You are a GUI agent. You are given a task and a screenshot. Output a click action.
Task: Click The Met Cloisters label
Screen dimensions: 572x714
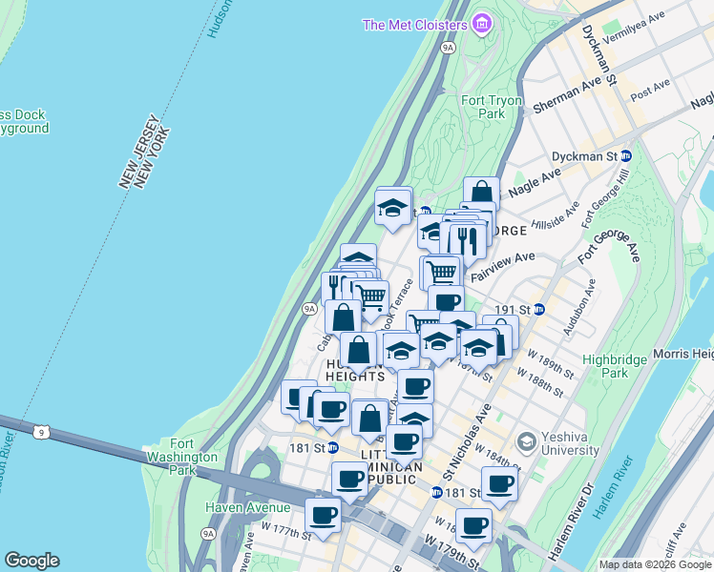(414, 24)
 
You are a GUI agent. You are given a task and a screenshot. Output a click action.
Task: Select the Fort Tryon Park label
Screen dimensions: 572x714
(492, 107)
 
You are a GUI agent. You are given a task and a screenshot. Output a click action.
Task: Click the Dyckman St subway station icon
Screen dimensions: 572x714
(626, 155)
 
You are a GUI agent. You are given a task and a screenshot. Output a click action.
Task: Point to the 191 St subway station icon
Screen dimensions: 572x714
(538, 309)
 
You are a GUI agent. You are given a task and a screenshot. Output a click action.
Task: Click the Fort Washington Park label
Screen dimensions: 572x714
(197, 457)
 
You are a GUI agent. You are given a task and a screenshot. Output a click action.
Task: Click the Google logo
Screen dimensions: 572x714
(31, 561)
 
